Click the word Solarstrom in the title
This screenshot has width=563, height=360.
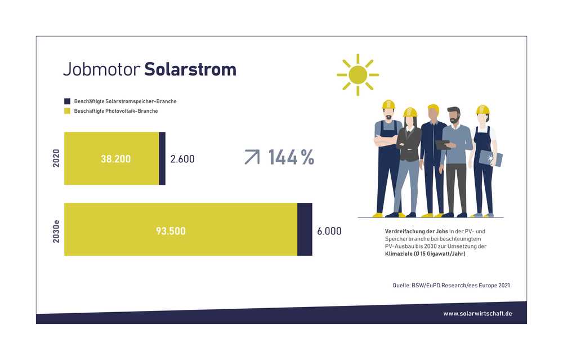coord(190,69)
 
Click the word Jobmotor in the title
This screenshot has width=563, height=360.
coord(101,69)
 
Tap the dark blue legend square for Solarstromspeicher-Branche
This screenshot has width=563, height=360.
coord(67,101)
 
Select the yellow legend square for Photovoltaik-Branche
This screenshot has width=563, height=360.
coord(67,111)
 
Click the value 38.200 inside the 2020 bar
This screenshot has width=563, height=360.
coord(115,159)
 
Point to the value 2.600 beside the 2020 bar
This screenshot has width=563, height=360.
coord(182,159)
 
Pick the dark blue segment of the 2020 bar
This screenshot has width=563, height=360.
coord(162,158)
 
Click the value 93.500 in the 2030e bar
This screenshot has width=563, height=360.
coord(171,230)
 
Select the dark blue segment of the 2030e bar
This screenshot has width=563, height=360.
coord(305,229)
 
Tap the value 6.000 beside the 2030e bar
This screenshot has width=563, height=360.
coord(329,231)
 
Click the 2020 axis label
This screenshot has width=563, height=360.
coord(56,158)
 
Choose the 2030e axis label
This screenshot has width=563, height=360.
coord(56,232)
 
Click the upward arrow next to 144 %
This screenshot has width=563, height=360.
coord(252,157)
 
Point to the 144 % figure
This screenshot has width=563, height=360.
coord(291,157)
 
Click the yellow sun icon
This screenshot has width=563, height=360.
coord(358,75)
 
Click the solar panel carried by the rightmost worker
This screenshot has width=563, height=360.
coord(490,158)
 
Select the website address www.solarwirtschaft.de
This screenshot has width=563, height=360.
coord(477,314)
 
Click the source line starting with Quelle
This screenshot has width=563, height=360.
coord(451,285)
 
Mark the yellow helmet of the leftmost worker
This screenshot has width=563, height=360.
coord(388,105)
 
